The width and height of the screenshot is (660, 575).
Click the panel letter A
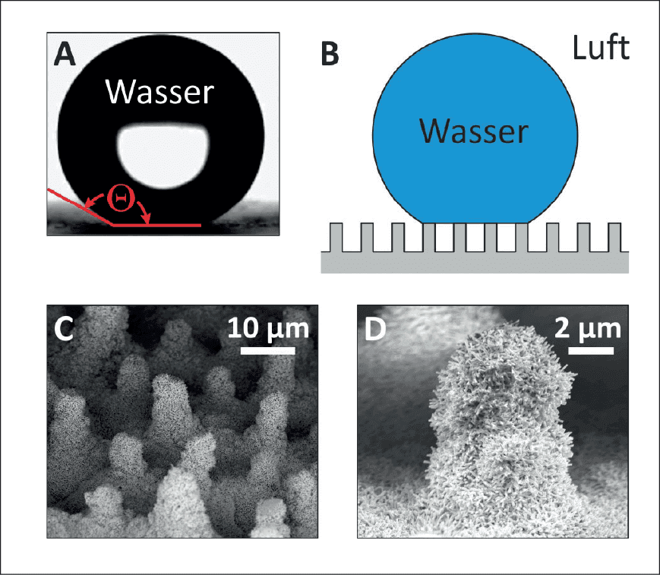click(65, 55)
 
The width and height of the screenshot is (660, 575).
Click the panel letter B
click(330, 55)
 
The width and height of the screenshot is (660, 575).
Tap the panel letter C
click(64, 329)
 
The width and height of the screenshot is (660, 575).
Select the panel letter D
click(375, 329)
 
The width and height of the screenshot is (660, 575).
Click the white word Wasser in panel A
click(159, 91)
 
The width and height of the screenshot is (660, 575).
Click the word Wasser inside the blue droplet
click(474, 131)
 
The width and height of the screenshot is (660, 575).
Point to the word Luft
click(601, 48)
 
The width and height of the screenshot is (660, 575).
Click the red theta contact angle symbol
click(121, 197)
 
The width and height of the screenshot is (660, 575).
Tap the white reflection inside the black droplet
click(163, 156)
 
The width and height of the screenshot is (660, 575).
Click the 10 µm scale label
click(269, 329)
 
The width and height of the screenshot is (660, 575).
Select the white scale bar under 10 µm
click(267, 351)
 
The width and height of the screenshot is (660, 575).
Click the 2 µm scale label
click(588, 329)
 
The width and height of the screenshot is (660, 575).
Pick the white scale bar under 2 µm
click(591, 351)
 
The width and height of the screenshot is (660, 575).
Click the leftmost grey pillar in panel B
click(336, 238)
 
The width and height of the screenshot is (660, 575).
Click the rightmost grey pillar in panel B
click(614, 238)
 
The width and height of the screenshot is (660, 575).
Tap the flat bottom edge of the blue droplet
click(475, 223)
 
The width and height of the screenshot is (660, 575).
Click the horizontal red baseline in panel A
click(156, 225)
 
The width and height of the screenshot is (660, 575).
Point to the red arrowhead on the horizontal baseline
click(147, 220)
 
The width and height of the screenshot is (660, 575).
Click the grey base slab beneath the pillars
click(475, 263)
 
